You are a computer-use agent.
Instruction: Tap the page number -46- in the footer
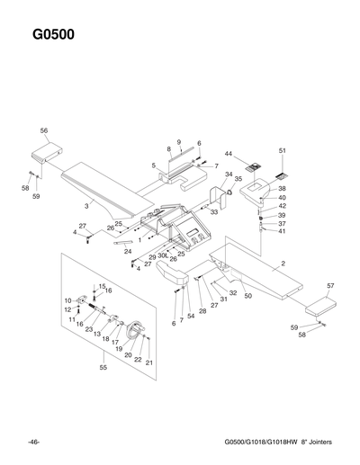pyautogui.click(x=33, y=443)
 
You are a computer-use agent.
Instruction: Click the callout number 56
pyautogui.click(x=43, y=131)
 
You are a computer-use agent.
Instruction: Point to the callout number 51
pyautogui.click(x=282, y=150)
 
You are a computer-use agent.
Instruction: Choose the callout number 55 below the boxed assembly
pyautogui.click(x=103, y=368)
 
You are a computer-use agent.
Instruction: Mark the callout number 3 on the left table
pyautogui.click(x=86, y=206)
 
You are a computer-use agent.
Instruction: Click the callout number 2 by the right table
pyautogui.click(x=283, y=264)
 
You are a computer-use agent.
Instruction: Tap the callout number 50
pyautogui.click(x=247, y=296)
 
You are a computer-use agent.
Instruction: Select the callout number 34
pyautogui.click(x=229, y=174)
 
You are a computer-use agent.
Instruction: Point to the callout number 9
pyautogui.click(x=179, y=142)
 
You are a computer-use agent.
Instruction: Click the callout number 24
pyautogui.click(x=128, y=252)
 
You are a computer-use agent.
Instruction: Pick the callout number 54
pyautogui.click(x=191, y=317)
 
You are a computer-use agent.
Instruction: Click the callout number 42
pyautogui.click(x=282, y=207)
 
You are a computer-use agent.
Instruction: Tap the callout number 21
pyautogui.click(x=149, y=362)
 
